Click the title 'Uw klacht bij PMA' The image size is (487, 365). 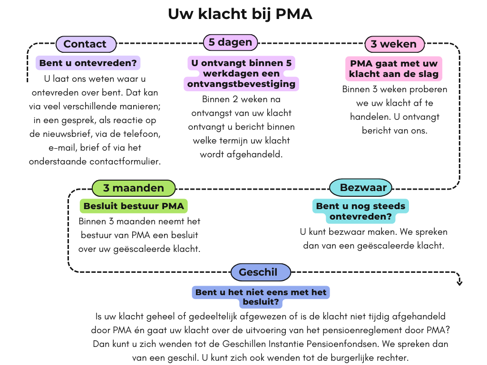pyautogui.click(x=240, y=14)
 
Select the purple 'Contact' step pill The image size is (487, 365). pyautogui.click(x=86, y=44)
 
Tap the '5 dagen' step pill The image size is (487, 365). pyautogui.click(x=230, y=42)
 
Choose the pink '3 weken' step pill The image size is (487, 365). pyautogui.click(x=394, y=44)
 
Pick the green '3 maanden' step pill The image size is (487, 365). pyautogui.click(x=133, y=188)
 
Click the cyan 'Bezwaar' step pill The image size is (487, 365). pyautogui.click(x=360, y=188)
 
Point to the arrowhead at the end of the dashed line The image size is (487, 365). pyautogui.click(x=459, y=283)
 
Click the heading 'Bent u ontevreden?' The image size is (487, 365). pyautogui.click(x=88, y=63)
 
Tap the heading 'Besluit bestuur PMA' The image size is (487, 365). pyautogui.click(x=133, y=206)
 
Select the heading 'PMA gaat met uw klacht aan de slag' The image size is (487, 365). pyautogui.click(x=393, y=69)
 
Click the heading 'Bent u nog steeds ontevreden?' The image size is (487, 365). pyautogui.click(x=360, y=211)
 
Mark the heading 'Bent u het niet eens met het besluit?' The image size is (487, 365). pyautogui.click(x=261, y=297)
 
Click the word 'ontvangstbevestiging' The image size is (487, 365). pyautogui.click(x=242, y=84)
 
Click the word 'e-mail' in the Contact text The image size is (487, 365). pyautogui.click(x=44, y=147)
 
